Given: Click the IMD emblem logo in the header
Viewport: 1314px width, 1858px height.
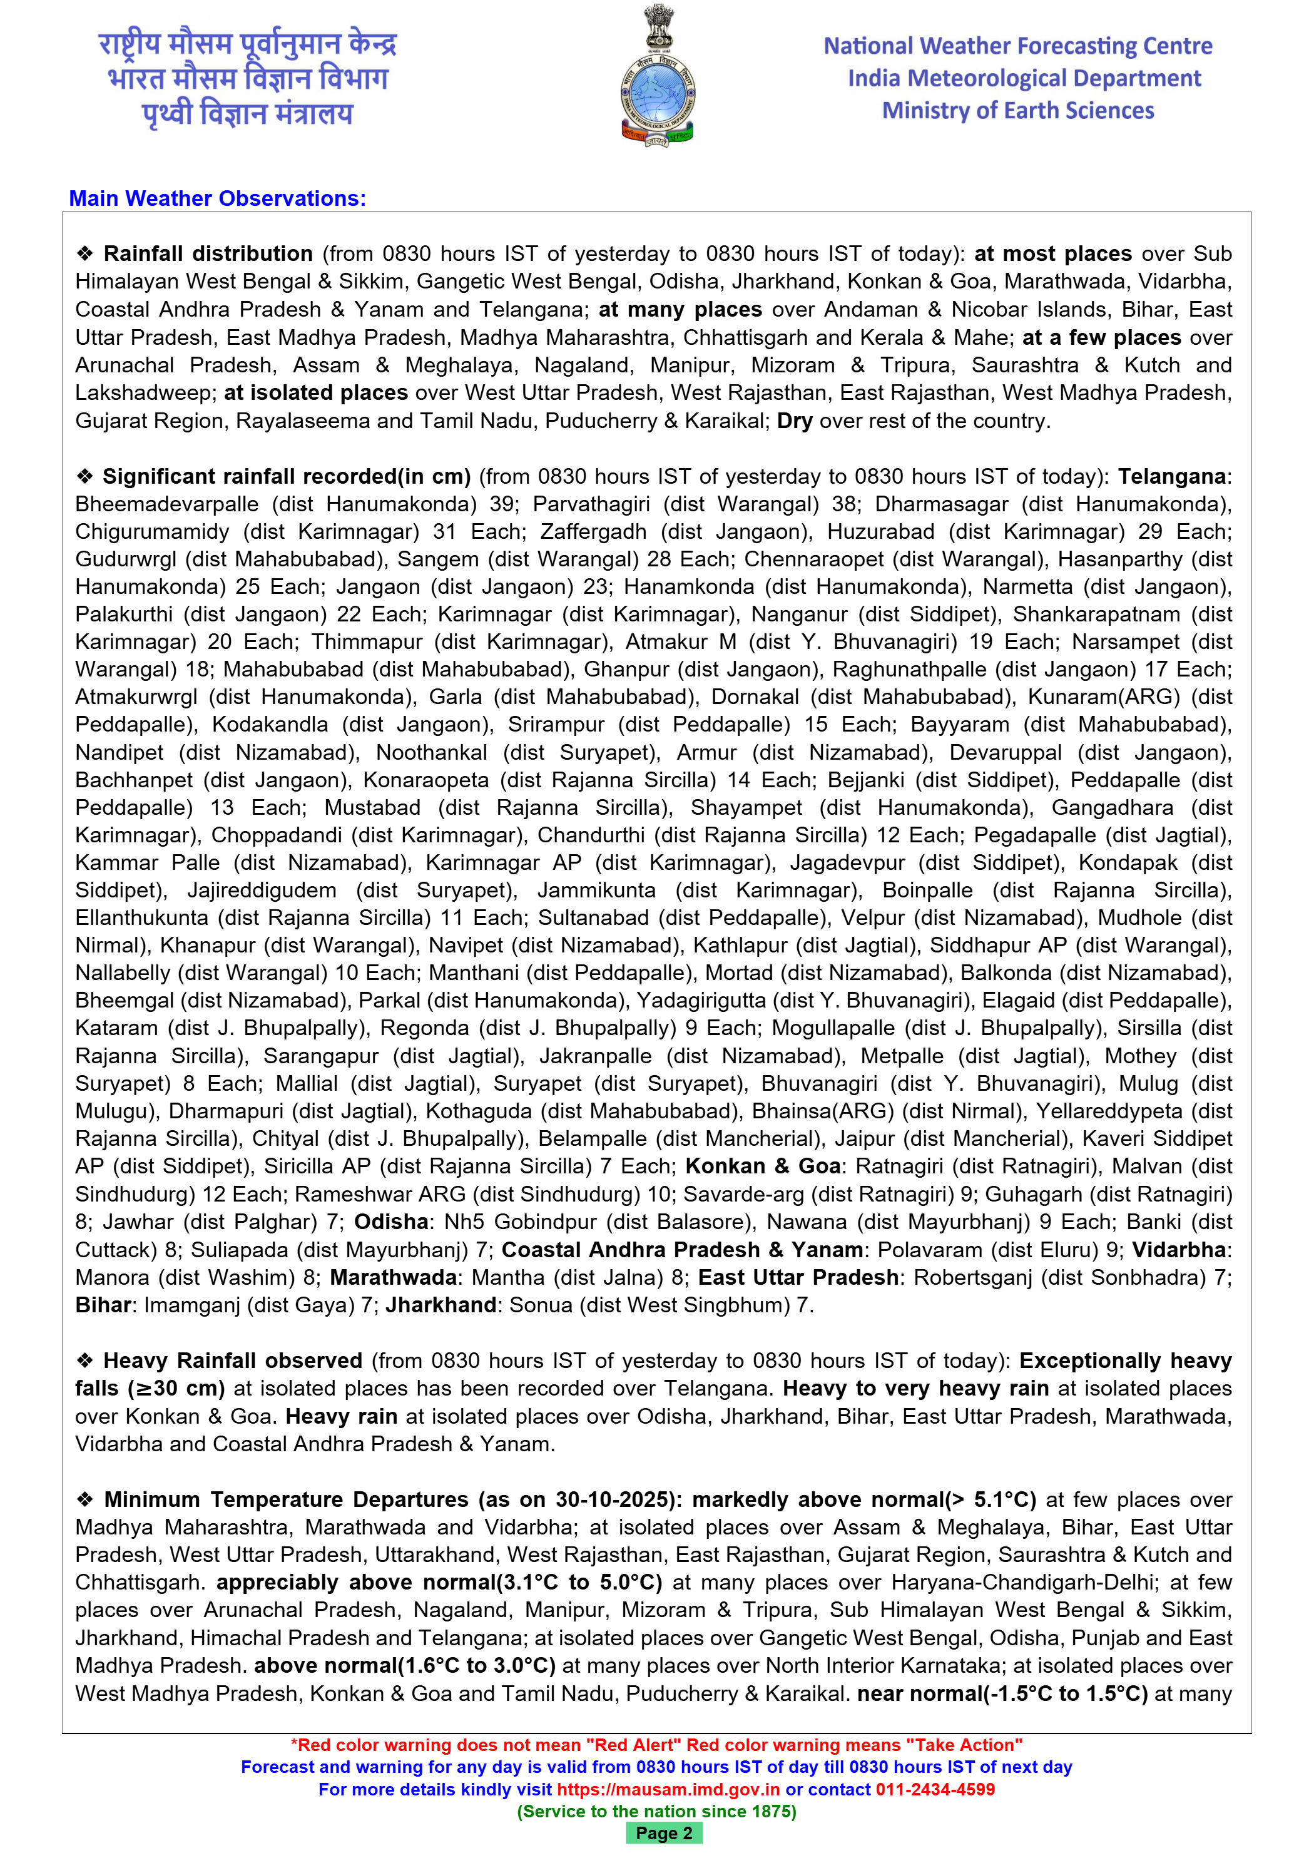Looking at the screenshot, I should [657, 77].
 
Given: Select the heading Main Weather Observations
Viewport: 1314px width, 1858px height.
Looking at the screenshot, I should [217, 198].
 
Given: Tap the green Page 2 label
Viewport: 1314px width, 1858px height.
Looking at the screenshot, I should [663, 1834].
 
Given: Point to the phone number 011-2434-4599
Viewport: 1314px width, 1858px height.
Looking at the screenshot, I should [935, 1789].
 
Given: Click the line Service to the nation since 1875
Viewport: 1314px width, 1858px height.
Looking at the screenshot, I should [656, 1811].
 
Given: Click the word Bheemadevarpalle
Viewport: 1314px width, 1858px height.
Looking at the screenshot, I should [166, 504].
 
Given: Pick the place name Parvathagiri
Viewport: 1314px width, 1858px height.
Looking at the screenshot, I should [591, 504].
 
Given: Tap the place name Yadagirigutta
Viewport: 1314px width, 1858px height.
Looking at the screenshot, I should [701, 1001].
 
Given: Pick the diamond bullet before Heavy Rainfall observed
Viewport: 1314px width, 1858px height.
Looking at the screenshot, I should [85, 1361].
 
